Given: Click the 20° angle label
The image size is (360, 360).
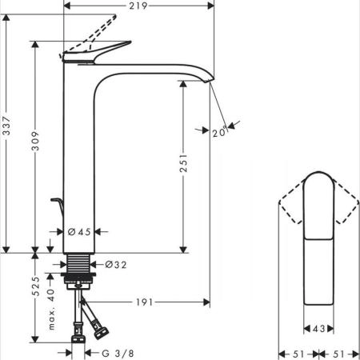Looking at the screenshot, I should [218, 134].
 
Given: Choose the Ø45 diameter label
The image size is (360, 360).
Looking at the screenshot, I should [78, 232].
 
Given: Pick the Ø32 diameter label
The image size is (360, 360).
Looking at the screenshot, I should [116, 264].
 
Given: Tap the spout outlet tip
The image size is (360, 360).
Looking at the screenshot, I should [211, 78].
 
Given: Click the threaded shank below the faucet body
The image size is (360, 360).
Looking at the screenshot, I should [78, 263].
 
